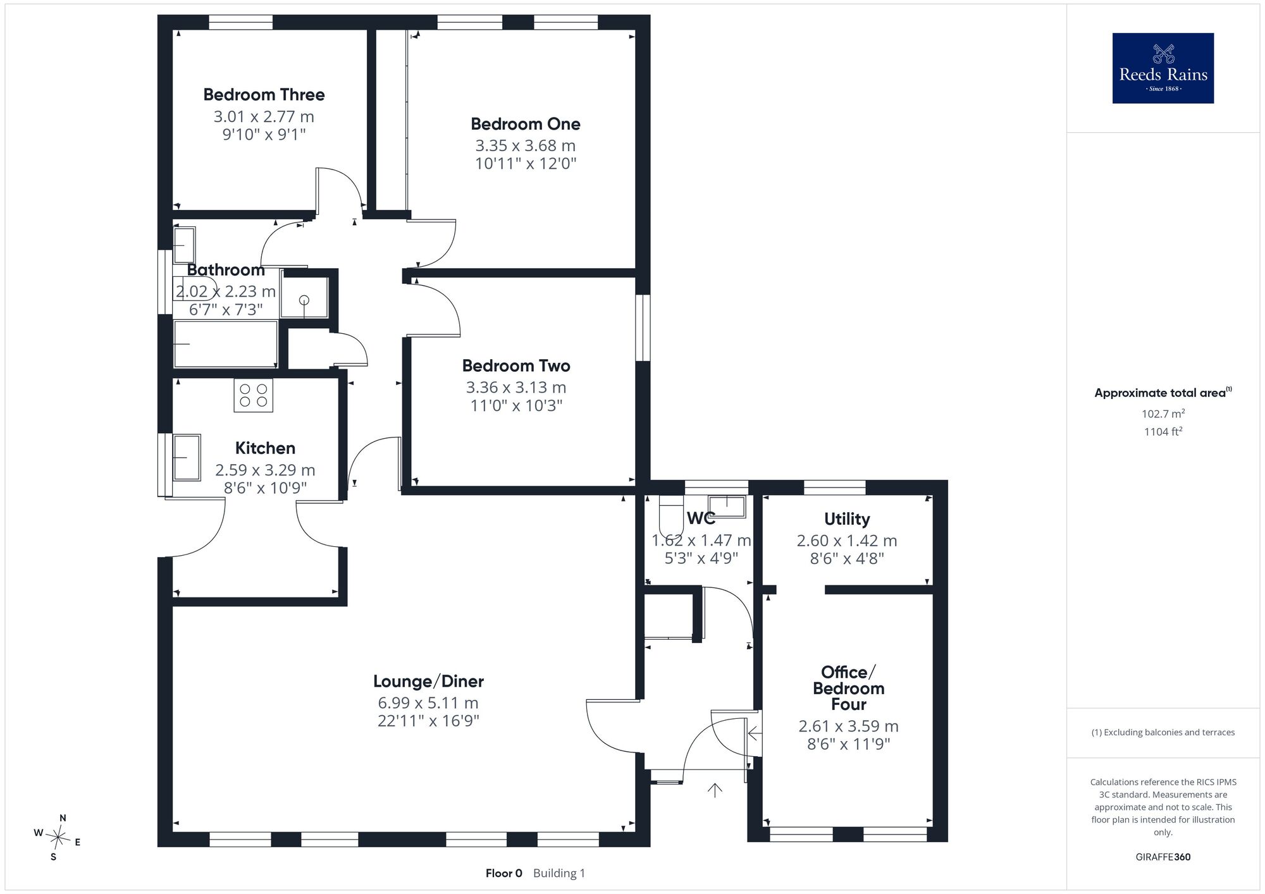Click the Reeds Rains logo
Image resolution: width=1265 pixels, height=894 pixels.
click(x=1163, y=68)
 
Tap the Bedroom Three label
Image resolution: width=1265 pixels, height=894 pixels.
click(x=264, y=95)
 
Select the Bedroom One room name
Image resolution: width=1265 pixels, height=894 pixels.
click(x=526, y=124)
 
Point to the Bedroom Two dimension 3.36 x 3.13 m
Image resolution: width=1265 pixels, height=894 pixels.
click(x=516, y=388)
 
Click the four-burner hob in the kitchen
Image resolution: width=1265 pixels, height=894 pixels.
click(x=254, y=395)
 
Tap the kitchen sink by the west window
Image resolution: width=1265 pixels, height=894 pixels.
click(x=187, y=457)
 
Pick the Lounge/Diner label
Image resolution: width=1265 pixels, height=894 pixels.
click(x=428, y=682)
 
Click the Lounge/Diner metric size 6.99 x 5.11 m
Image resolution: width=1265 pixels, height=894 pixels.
click(x=428, y=703)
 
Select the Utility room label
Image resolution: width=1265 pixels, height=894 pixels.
click(x=847, y=519)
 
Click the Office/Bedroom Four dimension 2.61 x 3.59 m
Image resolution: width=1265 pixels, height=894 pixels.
click(x=848, y=726)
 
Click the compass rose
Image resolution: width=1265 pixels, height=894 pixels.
click(x=58, y=838)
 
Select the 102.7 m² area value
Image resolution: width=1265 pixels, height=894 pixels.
click(x=1163, y=414)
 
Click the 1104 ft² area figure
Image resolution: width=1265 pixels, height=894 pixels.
click(x=1163, y=432)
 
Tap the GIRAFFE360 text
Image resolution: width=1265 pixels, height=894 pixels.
click(x=1163, y=857)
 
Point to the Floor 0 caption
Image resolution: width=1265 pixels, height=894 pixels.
click(x=504, y=873)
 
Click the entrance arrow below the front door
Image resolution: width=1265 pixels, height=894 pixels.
click(x=715, y=790)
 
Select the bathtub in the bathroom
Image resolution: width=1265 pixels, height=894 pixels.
click(x=226, y=344)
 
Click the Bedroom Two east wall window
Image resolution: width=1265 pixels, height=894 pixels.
click(x=643, y=328)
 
